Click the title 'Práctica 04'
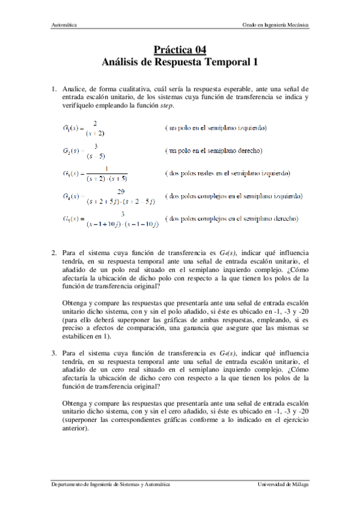coord(180,50)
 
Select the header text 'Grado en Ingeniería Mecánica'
coord(275,25)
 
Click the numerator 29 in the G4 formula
coord(121,191)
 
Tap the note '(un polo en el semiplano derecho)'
coord(216,150)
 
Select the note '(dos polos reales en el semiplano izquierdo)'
coord(227,173)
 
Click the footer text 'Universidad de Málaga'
coord(283,484)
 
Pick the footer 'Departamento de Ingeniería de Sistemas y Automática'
coord(109,484)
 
